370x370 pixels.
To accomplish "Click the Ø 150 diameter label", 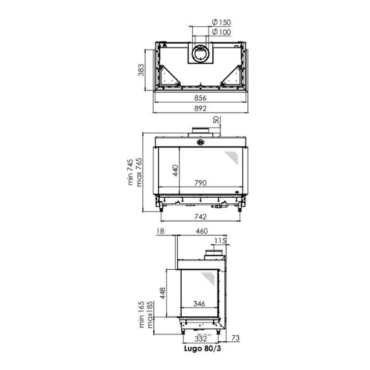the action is (x=221, y=23).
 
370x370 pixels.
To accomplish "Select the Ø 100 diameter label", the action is (x=221, y=32).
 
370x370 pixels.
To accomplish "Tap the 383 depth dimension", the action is (x=141, y=70).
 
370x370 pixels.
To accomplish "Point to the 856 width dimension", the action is (x=200, y=98).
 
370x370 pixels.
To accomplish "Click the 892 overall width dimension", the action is (x=200, y=108).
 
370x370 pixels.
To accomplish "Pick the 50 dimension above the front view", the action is (x=217, y=120).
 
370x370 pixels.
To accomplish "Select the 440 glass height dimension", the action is (x=175, y=170).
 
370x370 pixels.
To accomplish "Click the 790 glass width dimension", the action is (x=200, y=183).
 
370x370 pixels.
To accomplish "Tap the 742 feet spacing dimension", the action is (x=200, y=217).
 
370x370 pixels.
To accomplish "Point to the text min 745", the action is (x=130, y=172).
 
